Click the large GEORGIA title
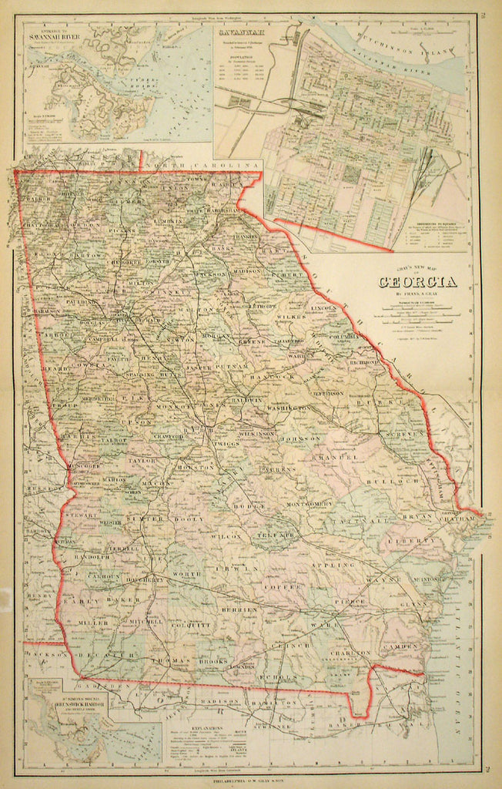(x=417, y=281)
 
